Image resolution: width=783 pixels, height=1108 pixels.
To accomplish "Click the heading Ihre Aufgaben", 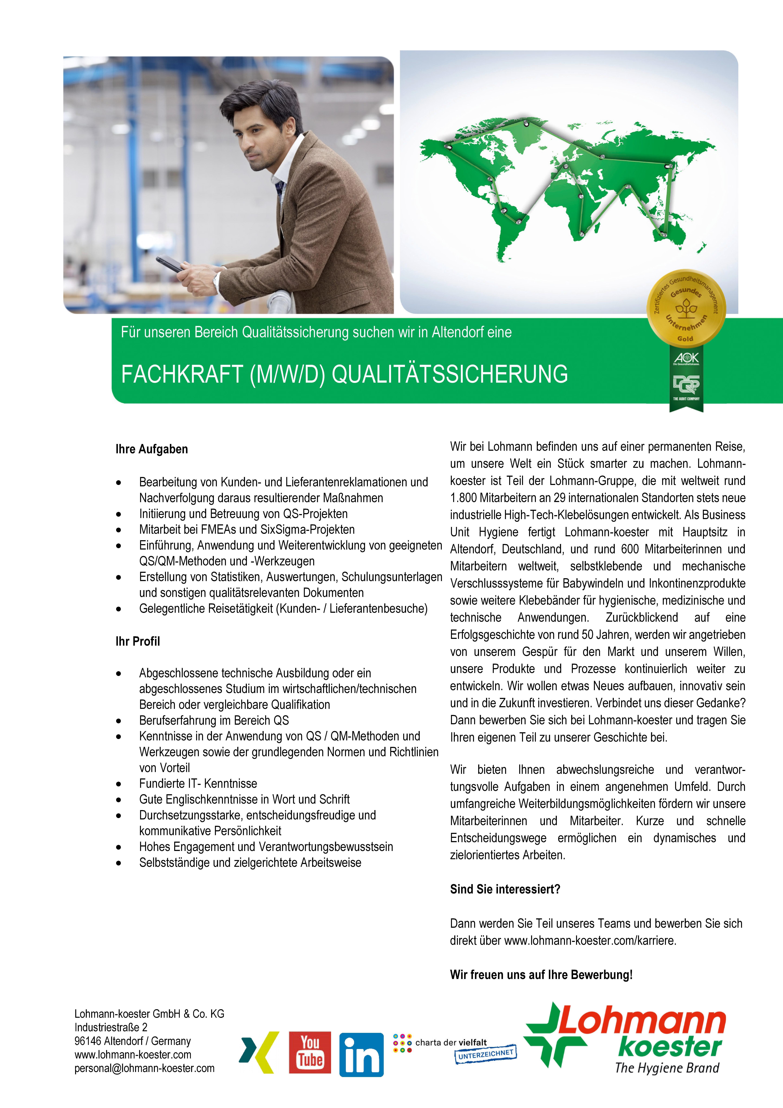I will point(151,449).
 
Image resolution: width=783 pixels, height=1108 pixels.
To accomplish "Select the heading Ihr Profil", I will point(138,641).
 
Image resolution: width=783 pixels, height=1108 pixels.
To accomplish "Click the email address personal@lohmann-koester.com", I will point(144,1068).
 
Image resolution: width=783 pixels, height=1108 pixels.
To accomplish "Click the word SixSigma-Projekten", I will point(307,529).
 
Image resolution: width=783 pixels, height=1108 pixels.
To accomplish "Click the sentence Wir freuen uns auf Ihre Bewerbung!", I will point(541,975).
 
